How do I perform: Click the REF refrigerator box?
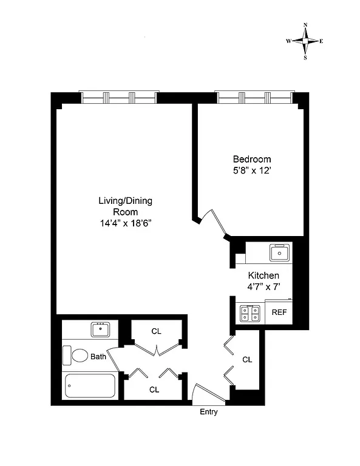[x=279, y=312]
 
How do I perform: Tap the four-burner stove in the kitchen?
[x=248, y=312]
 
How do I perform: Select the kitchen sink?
[x=281, y=251]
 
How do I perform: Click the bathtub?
[x=90, y=385]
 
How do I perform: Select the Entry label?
[x=209, y=412]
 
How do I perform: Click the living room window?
[x=119, y=96]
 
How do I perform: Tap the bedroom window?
[x=255, y=96]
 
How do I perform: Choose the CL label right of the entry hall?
[x=247, y=359]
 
